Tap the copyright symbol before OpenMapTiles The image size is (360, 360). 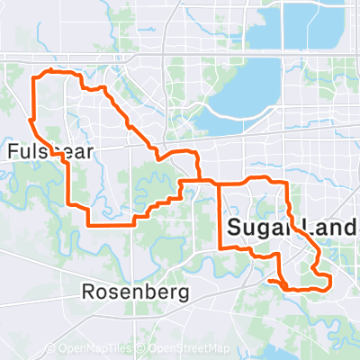[50, 348]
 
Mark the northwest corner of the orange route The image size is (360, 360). [35, 79]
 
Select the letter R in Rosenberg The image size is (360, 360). [87, 292]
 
